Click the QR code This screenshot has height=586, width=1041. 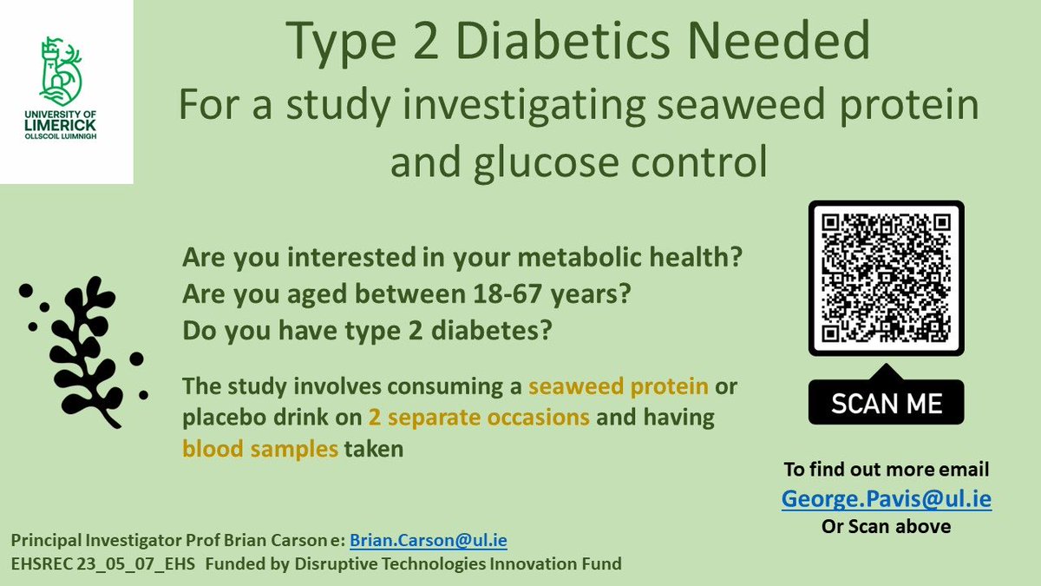[x=886, y=279]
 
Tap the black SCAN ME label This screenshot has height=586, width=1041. [x=886, y=404]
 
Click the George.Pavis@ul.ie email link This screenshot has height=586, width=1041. [x=886, y=499]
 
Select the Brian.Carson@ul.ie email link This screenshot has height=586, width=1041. [x=428, y=541]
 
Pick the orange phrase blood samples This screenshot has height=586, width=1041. [x=259, y=449]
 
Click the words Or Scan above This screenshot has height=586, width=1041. [x=886, y=527]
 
